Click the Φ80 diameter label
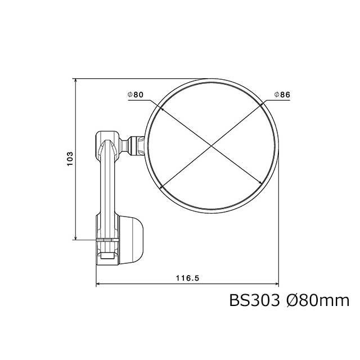click(x=136, y=94)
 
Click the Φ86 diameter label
click(x=282, y=94)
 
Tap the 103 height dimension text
click(x=70, y=159)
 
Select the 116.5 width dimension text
click(x=187, y=278)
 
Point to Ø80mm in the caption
click(x=318, y=300)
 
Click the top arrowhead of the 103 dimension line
click(x=76, y=81)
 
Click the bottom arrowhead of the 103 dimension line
click(x=76, y=237)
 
